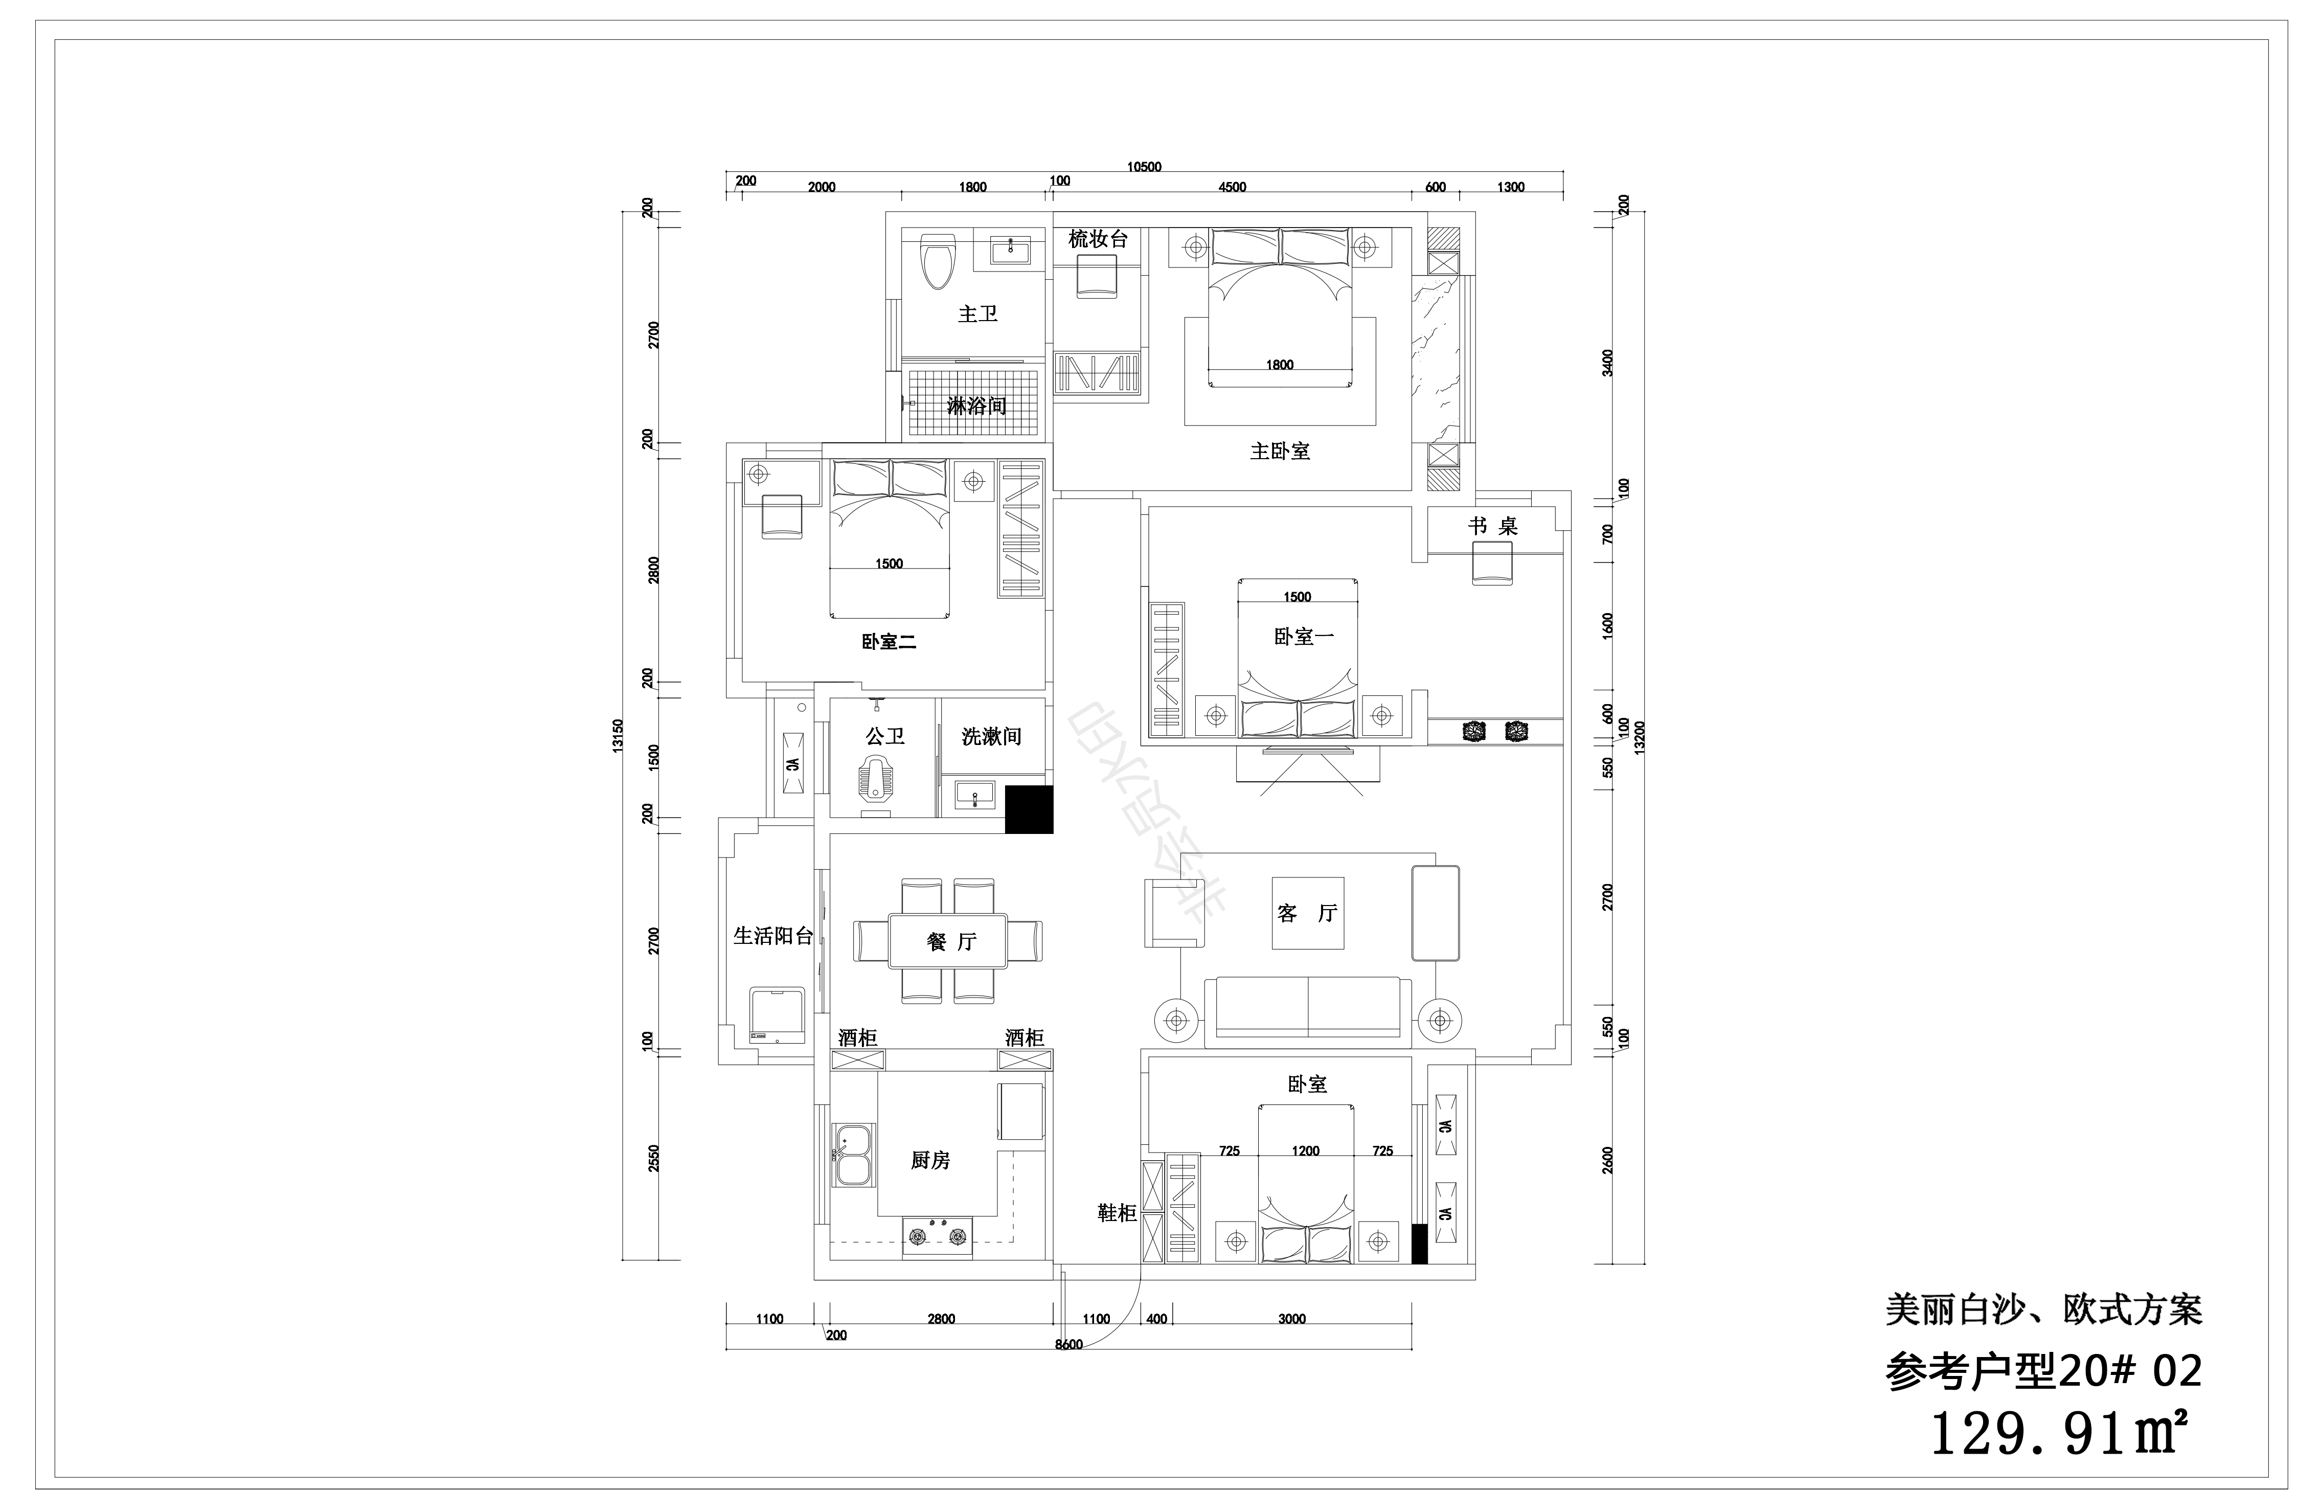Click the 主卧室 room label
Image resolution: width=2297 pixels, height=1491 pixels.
[x=1280, y=450]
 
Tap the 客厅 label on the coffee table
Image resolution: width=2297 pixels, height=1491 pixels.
[x=1307, y=913]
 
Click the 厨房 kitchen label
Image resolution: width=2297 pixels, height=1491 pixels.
[x=930, y=1160]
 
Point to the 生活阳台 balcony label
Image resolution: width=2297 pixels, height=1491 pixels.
[x=773, y=935]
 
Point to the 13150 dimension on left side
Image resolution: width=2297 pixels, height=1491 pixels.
[x=619, y=735]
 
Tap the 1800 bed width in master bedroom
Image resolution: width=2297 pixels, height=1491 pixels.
[x=1280, y=365]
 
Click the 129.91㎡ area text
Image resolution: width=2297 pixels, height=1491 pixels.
[x=2056, y=1434]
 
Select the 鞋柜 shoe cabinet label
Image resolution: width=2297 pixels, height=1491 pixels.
[x=1117, y=1213]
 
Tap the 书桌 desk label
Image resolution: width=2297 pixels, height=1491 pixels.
[x=1493, y=526]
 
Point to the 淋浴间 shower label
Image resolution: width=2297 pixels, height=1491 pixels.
[x=976, y=405]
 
